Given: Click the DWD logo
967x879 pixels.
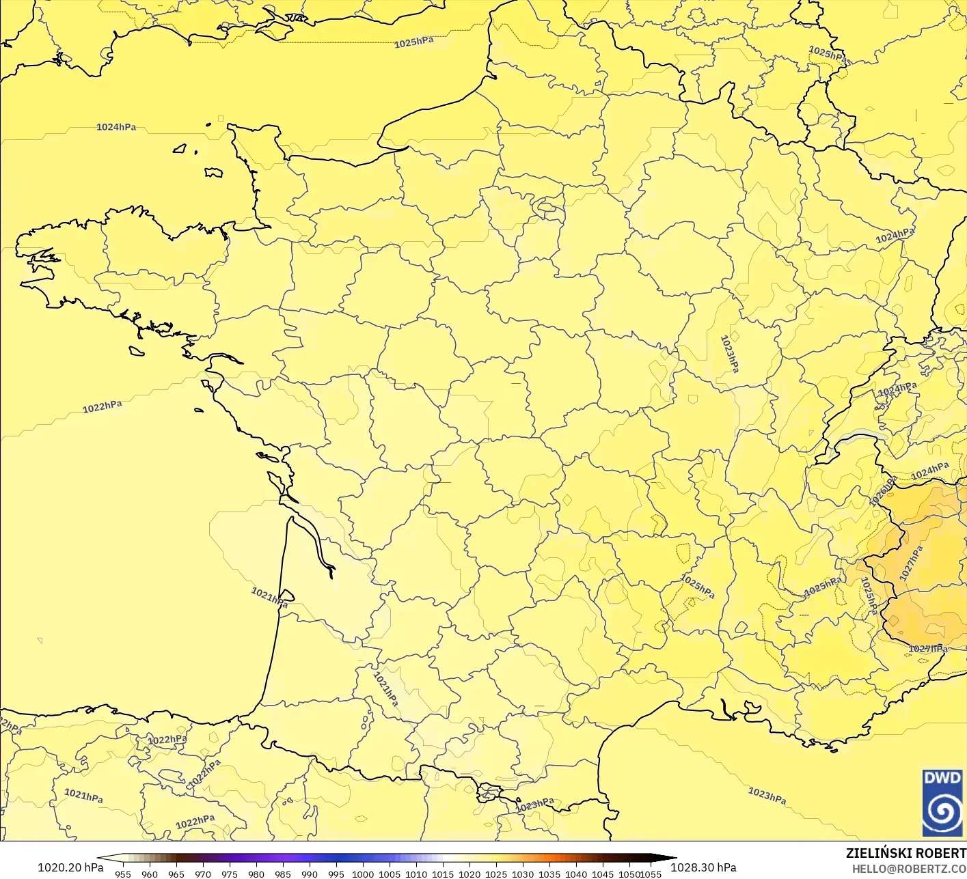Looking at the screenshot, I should [942, 802].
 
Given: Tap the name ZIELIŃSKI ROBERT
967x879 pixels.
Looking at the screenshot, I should [905, 853].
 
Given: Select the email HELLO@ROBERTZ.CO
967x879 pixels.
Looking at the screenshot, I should [909, 868].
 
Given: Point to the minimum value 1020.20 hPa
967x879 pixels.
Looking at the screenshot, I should [70, 867].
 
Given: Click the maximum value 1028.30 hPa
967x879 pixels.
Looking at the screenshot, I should [703, 867].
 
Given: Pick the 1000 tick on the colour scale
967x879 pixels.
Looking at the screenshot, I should [363, 874].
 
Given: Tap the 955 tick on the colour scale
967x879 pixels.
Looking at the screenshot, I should [123, 874].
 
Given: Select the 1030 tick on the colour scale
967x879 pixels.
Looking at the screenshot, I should [523, 874].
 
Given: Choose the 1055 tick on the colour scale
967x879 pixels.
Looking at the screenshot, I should [651, 874].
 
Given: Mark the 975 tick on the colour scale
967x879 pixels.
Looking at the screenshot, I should [230, 874].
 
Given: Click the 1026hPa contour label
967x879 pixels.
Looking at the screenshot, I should [882, 492].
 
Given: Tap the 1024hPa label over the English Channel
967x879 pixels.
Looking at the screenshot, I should [116, 127].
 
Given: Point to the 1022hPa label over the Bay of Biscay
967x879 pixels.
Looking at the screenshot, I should [103, 407].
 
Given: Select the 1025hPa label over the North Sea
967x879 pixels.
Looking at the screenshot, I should [413, 42].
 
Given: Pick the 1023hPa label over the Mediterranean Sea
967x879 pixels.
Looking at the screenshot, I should [767, 796].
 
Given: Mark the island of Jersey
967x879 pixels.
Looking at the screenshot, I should [213, 173].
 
